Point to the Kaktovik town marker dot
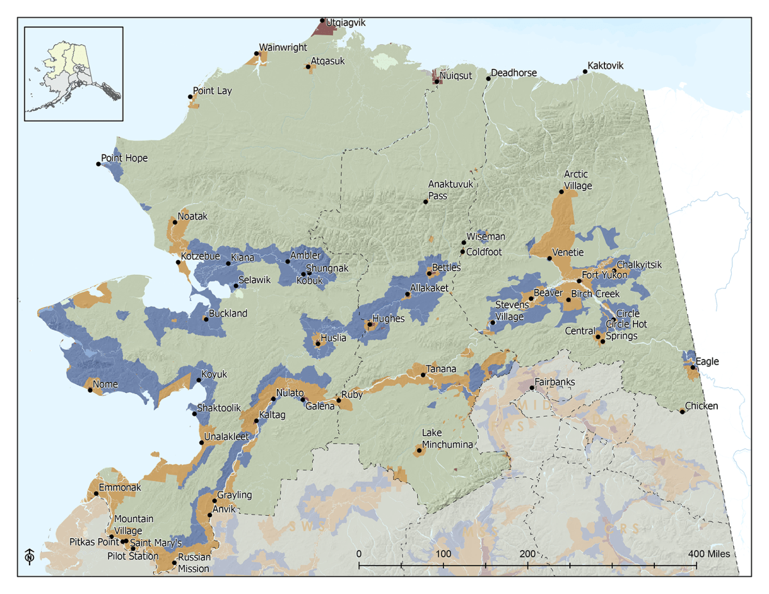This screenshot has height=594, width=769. pos(585,72)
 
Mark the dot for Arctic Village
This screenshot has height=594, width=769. pos(561,192)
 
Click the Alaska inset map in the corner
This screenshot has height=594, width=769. pos(74,74)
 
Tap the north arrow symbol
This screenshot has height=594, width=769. pos(29,557)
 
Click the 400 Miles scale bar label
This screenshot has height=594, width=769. pos(709,553)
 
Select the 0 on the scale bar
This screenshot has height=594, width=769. pos(359,553)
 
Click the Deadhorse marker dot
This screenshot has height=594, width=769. pos(488,78)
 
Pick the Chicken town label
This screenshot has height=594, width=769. pos(702,406)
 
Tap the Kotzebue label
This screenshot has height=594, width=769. pos(201,256)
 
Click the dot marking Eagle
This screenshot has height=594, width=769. pos(693,367)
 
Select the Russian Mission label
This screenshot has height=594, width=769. pos(194,563)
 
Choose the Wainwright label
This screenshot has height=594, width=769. pos(283,47)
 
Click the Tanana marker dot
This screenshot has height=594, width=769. pos(424,375)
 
